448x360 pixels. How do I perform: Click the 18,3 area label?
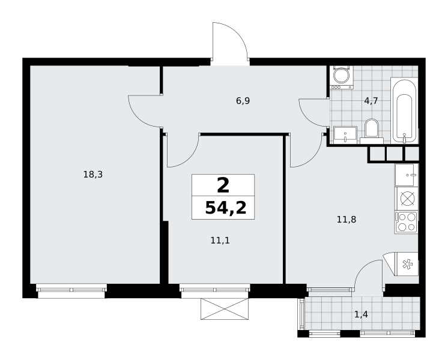pos(93,174)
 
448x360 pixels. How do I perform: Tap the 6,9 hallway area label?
pos(243,101)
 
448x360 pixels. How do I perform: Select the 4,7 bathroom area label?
pos(371,101)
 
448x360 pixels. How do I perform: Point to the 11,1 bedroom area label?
pos(220,241)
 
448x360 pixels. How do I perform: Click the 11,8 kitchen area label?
pos(347,220)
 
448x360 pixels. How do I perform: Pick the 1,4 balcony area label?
pos(361,314)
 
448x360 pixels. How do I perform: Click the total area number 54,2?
pos(226,208)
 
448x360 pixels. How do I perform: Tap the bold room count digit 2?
pos(223,185)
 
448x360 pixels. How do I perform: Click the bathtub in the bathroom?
pos(404,112)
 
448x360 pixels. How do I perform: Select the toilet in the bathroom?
pos(372,131)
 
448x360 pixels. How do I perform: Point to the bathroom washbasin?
pos(345,135)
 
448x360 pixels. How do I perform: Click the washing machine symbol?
pos(342,77)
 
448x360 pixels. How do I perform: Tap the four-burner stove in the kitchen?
pos(406,222)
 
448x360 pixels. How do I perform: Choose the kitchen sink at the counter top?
pos(407,175)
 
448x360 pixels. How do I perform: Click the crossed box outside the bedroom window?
pos(225,308)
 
